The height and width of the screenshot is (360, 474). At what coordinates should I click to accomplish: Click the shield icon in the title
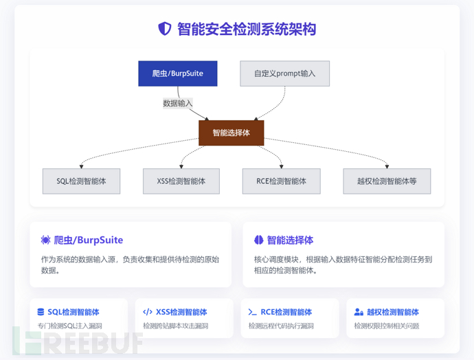(164, 29)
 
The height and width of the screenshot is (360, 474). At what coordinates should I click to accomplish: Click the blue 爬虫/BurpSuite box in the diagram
(177, 74)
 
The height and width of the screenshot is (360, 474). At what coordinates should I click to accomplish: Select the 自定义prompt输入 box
(284, 74)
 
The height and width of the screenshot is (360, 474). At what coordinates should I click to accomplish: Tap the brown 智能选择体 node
(231, 133)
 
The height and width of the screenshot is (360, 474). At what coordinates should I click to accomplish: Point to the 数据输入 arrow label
(177, 103)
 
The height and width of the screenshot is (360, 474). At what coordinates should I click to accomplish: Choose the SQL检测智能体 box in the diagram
(81, 181)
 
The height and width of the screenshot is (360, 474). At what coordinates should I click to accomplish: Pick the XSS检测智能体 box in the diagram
(181, 181)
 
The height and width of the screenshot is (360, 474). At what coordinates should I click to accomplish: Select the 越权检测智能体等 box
(387, 181)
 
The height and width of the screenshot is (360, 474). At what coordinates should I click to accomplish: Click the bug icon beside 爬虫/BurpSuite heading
(45, 240)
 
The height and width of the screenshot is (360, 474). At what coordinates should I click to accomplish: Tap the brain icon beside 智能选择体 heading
(258, 240)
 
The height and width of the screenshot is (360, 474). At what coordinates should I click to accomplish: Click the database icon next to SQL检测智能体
(41, 312)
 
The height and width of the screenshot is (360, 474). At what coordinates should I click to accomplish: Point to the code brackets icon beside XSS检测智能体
(147, 312)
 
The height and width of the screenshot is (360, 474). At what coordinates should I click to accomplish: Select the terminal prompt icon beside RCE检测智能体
(253, 312)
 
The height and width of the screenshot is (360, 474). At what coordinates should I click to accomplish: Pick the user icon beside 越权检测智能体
(359, 312)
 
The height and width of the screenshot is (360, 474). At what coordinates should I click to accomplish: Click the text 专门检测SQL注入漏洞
(69, 326)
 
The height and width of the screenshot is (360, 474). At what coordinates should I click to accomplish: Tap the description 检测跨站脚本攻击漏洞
(175, 326)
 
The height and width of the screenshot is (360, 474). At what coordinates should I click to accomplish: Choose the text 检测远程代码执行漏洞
(281, 326)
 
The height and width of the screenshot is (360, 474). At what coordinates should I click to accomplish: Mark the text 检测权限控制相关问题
(387, 326)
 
